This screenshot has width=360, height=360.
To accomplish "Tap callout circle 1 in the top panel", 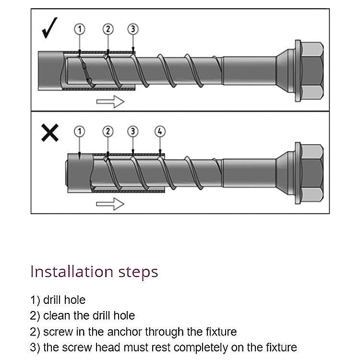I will pyautogui.click(x=80, y=29).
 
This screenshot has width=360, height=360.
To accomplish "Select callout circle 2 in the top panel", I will pyautogui.click(x=108, y=29).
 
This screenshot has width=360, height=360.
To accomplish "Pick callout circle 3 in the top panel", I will pyautogui.click(x=133, y=29).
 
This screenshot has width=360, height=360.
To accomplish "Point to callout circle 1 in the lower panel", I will pyautogui.click(x=80, y=131).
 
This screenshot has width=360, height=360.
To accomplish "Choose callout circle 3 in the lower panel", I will pyautogui.click(x=133, y=131).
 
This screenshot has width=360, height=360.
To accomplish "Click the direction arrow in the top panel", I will pyautogui.click(x=110, y=101).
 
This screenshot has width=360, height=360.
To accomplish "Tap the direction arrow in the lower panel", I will pyautogui.click(x=110, y=204).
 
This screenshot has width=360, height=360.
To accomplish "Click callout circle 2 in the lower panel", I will pyautogui.click(x=108, y=131).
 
